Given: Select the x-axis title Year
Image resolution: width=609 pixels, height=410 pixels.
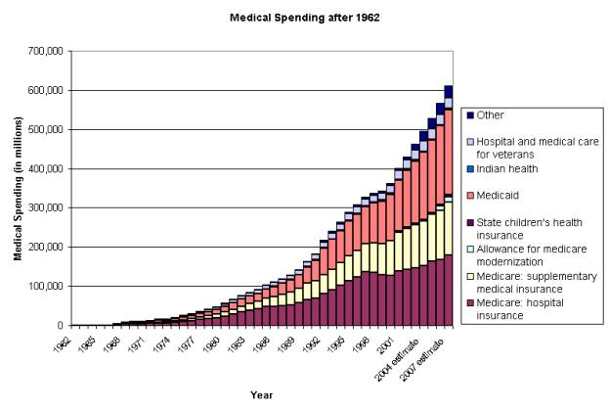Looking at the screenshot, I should click(261, 395).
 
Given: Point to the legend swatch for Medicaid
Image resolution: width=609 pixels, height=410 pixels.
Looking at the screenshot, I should click(469, 194).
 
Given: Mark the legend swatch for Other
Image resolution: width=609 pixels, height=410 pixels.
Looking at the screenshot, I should click(469, 115).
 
